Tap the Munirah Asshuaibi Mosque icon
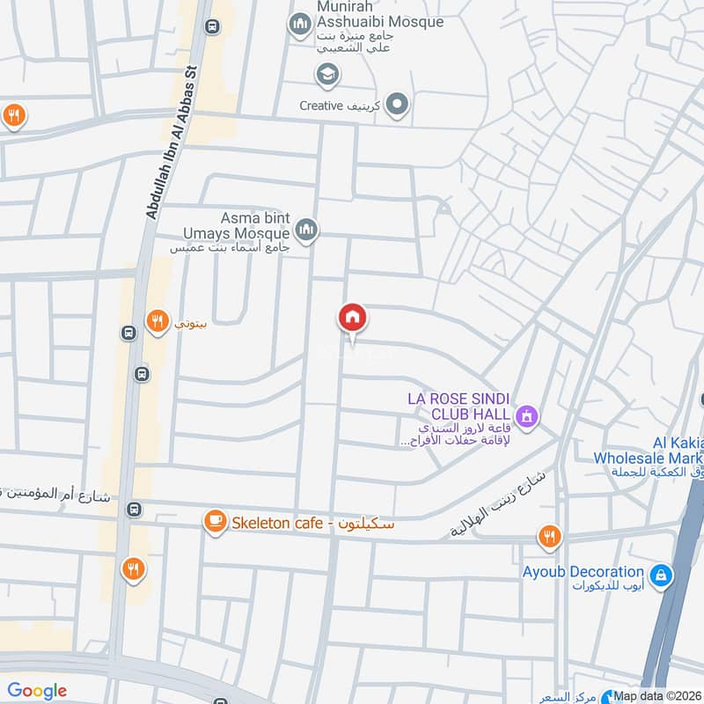(301, 21)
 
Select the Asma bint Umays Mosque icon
(306, 231)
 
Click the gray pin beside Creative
(398, 106)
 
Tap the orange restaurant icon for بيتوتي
(157, 322)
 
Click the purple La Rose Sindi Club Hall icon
(526, 414)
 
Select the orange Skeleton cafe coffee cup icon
(214, 523)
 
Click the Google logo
(37, 691)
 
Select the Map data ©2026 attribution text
(657, 696)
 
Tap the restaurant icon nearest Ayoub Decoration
(549, 535)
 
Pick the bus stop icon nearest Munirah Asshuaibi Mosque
(211, 26)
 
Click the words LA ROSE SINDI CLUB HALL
(458, 407)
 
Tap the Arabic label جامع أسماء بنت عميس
(231, 248)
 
